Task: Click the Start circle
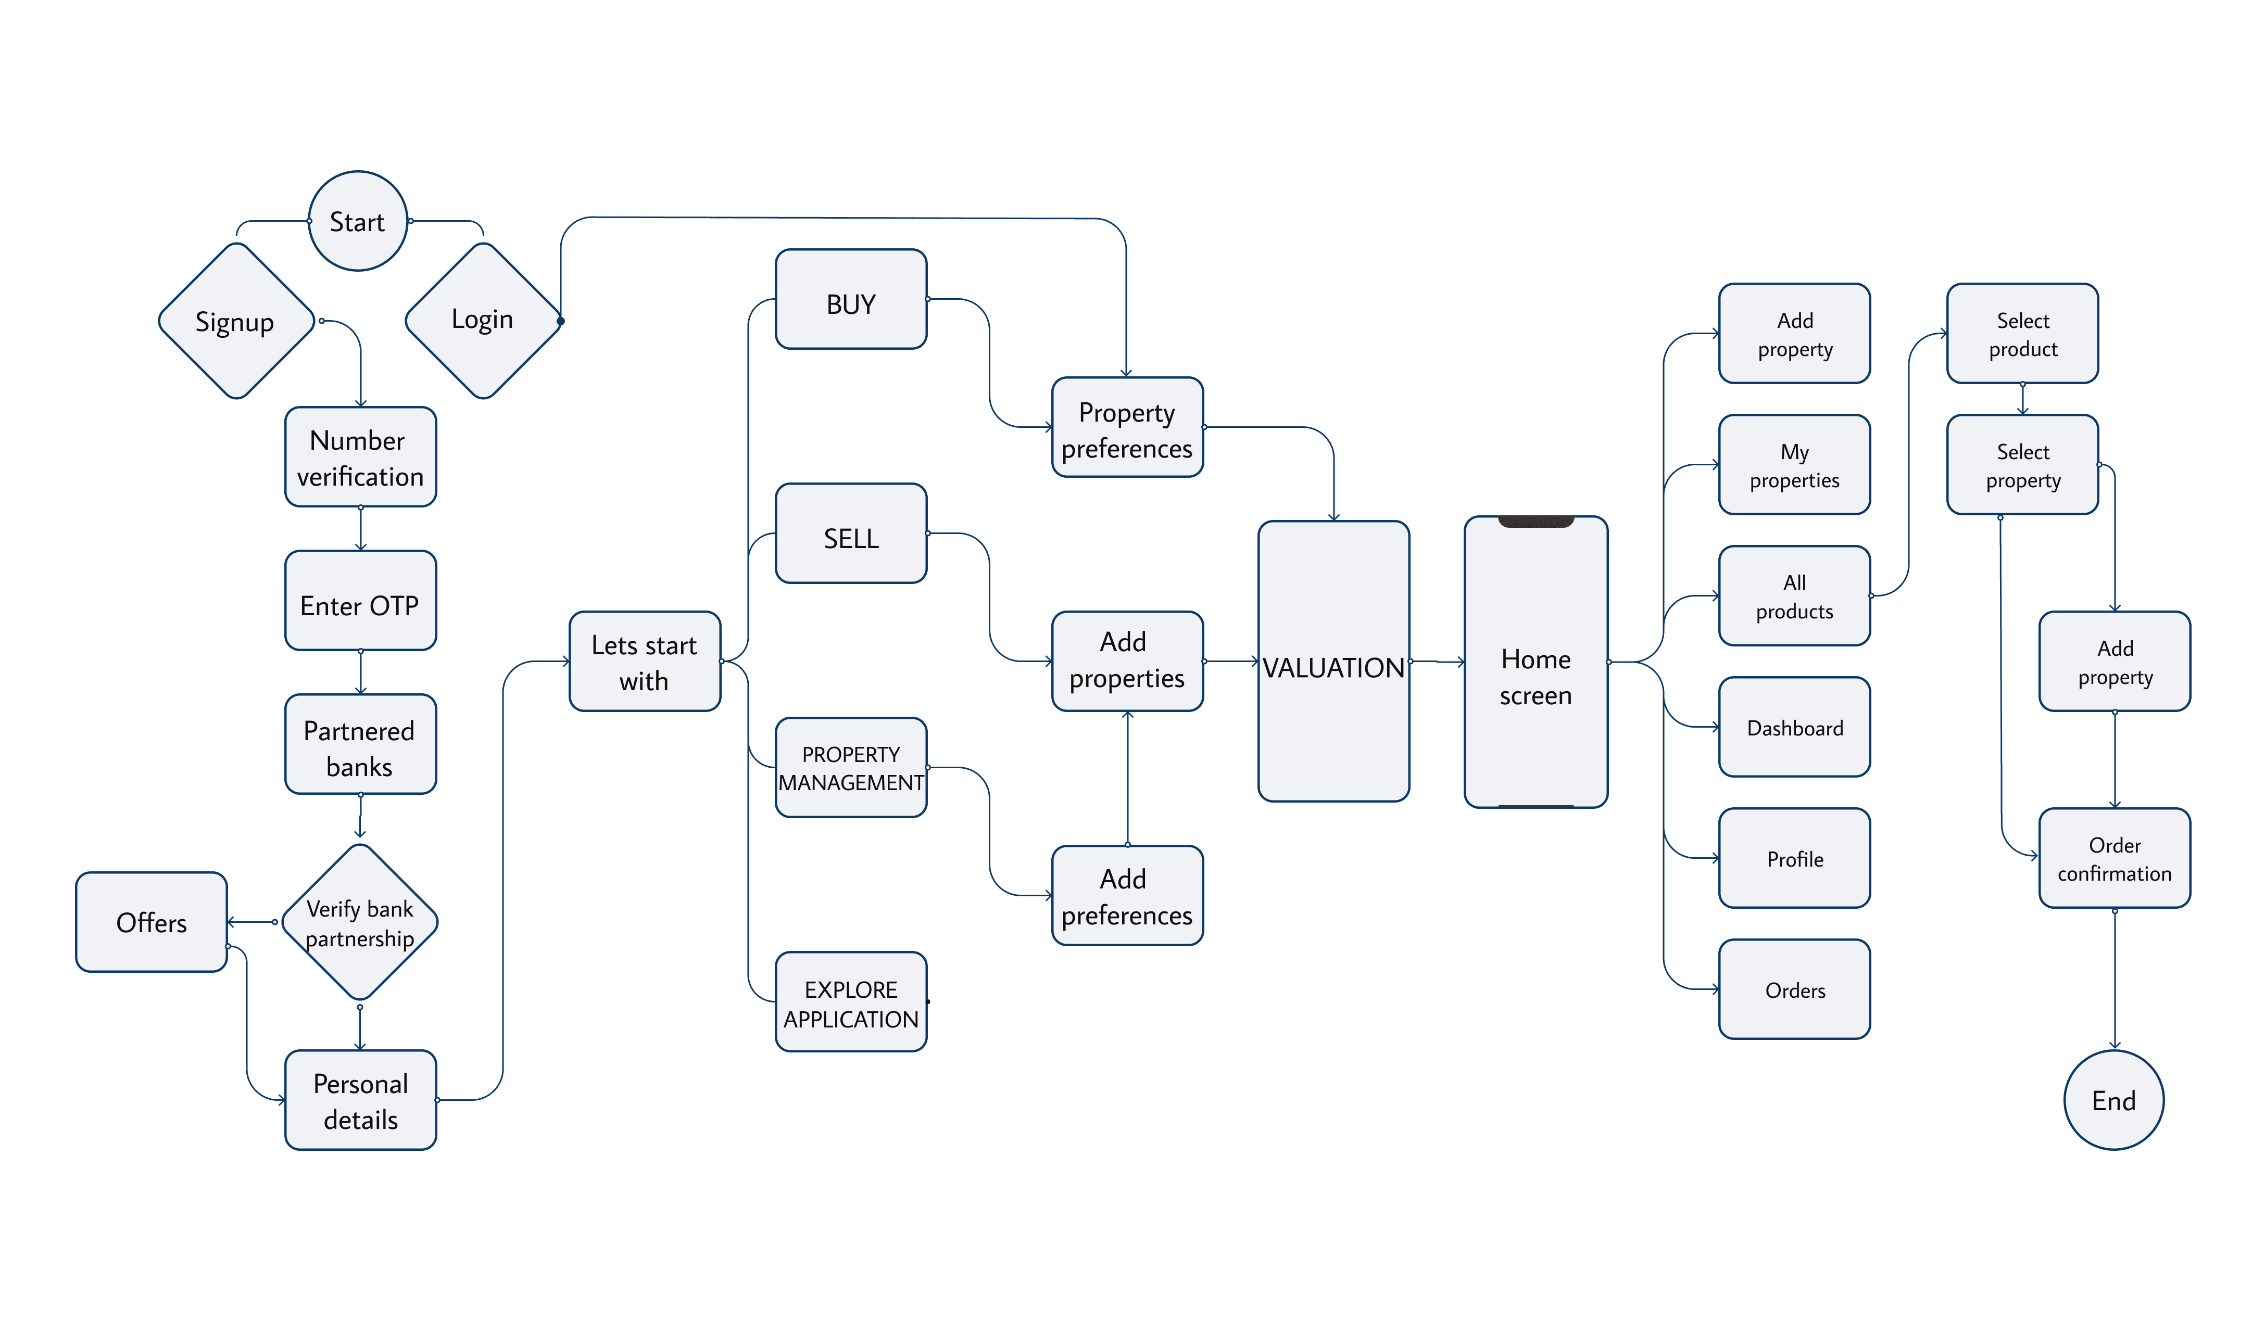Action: tap(358, 221)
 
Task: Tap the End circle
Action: tap(2114, 1100)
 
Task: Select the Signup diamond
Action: tap(236, 321)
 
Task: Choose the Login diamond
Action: tap(484, 321)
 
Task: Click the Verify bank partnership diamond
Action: tap(359, 922)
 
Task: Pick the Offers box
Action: tap(151, 922)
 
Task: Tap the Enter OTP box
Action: tap(360, 600)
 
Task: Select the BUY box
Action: tap(851, 299)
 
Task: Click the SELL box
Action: tap(851, 534)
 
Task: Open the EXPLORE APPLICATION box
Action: tap(851, 1002)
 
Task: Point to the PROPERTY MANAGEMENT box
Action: tap(851, 767)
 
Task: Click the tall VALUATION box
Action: tap(1334, 662)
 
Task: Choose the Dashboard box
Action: tap(1795, 727)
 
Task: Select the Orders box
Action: tap(1795, 989)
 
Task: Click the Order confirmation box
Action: tap(2115, 858)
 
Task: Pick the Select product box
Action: tap(2023, 334)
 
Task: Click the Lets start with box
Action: tap(645, 662)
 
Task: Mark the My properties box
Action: tap(1795, 465)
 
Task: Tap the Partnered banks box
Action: tap(360, 744)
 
